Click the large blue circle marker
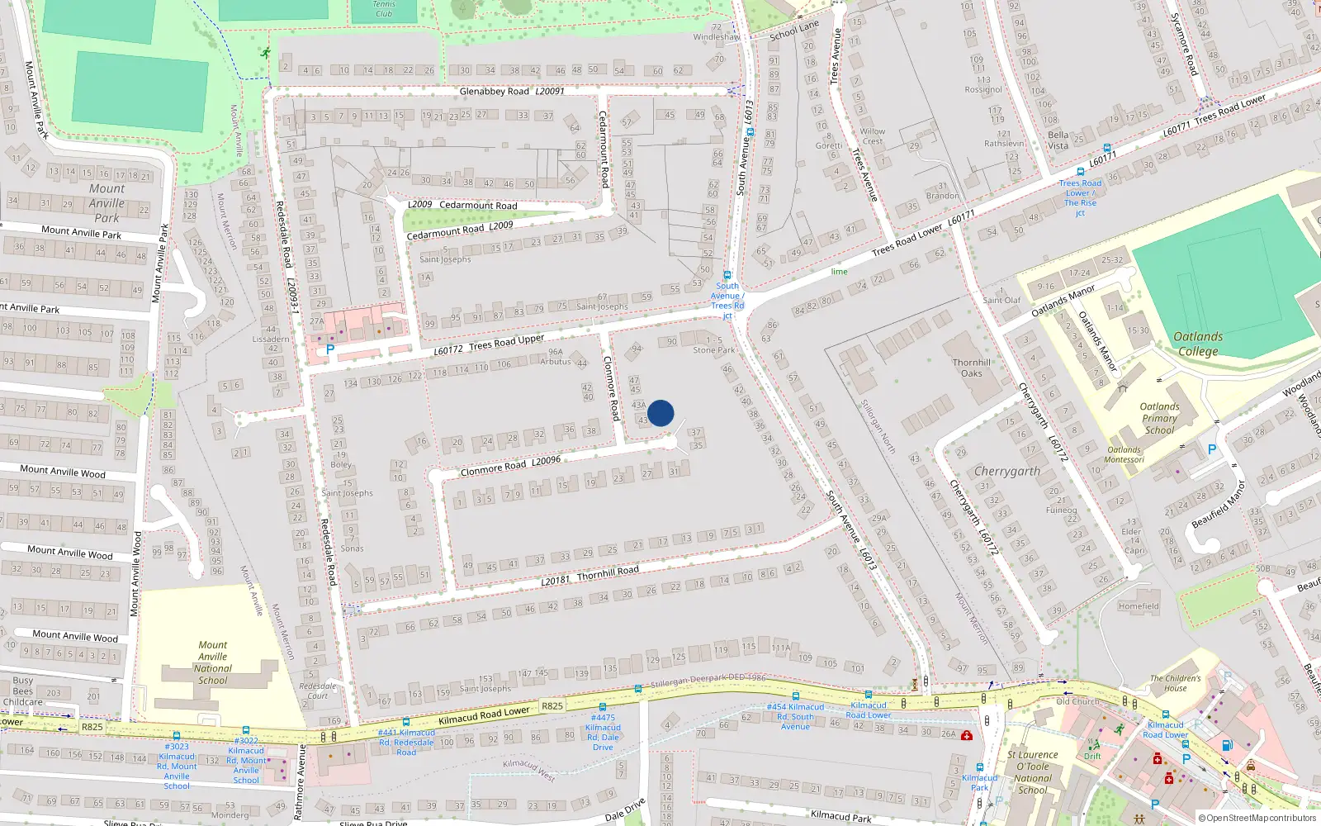(660, 413)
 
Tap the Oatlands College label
(1198, 344)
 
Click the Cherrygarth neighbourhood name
(1006, 471)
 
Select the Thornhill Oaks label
(972, 368)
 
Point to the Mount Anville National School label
(213, 662)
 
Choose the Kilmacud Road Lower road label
(484, 715)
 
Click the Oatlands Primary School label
(1159, 418)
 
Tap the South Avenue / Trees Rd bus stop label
(727, 301)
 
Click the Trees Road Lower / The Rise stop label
(1080, 197)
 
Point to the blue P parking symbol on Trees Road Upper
(330, 349)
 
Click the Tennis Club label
(384, 9)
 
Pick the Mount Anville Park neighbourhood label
(107, 203)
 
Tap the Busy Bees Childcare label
(23, 691)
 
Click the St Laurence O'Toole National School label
(1033, 771)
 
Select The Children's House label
(1176, 683)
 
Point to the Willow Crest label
(873, 136)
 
